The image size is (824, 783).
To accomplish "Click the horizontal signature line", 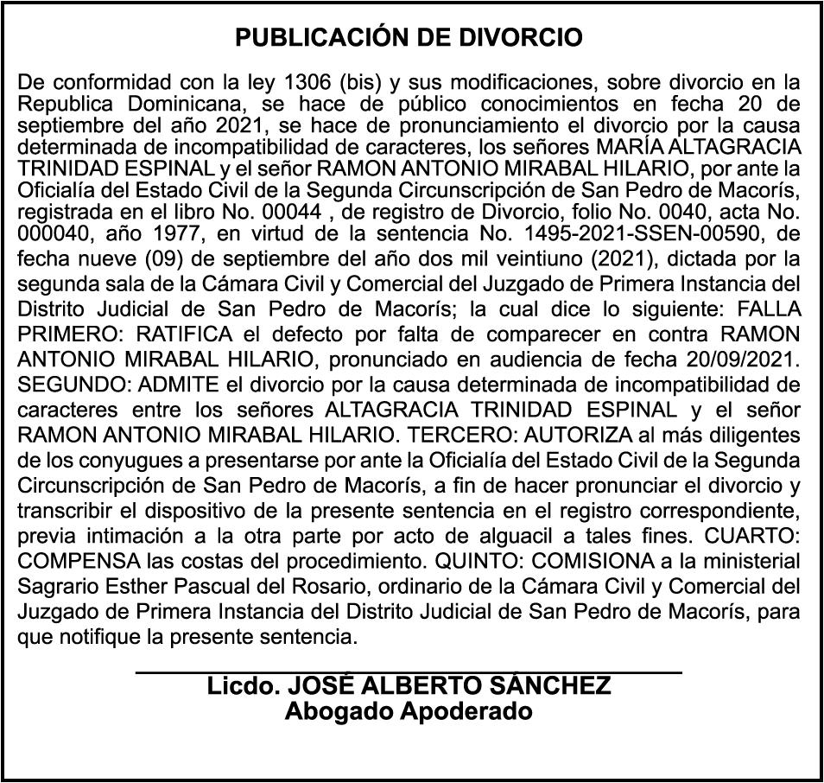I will coord(409,671).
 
